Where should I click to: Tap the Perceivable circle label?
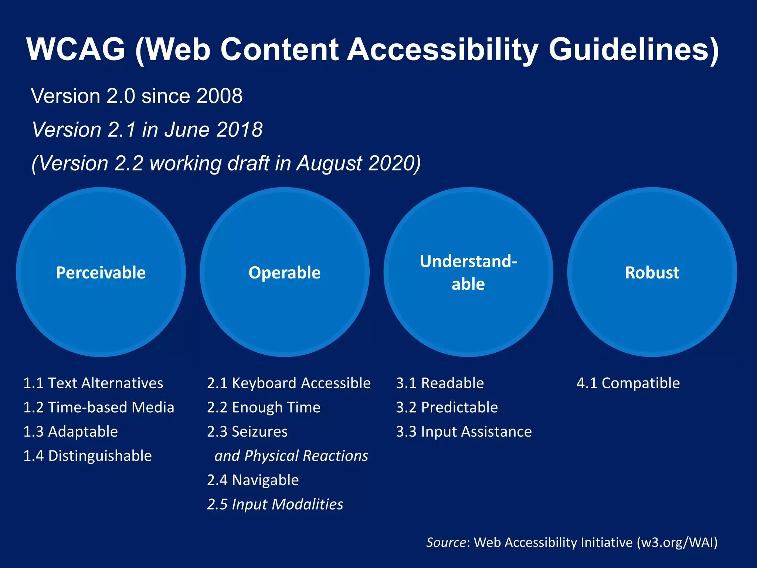101,273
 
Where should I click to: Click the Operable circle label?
284,273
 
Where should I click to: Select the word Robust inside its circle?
652,273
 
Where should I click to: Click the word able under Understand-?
468,284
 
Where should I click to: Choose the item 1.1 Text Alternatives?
93,383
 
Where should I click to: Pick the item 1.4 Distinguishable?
88,456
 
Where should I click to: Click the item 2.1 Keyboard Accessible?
289,383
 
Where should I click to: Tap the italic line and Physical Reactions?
291,456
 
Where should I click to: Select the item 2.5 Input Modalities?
275,504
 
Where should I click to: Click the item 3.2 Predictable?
447,408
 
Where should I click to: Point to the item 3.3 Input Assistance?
464,432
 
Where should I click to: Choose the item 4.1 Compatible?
628,383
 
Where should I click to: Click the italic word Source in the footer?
446,542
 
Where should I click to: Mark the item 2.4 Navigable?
253,480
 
